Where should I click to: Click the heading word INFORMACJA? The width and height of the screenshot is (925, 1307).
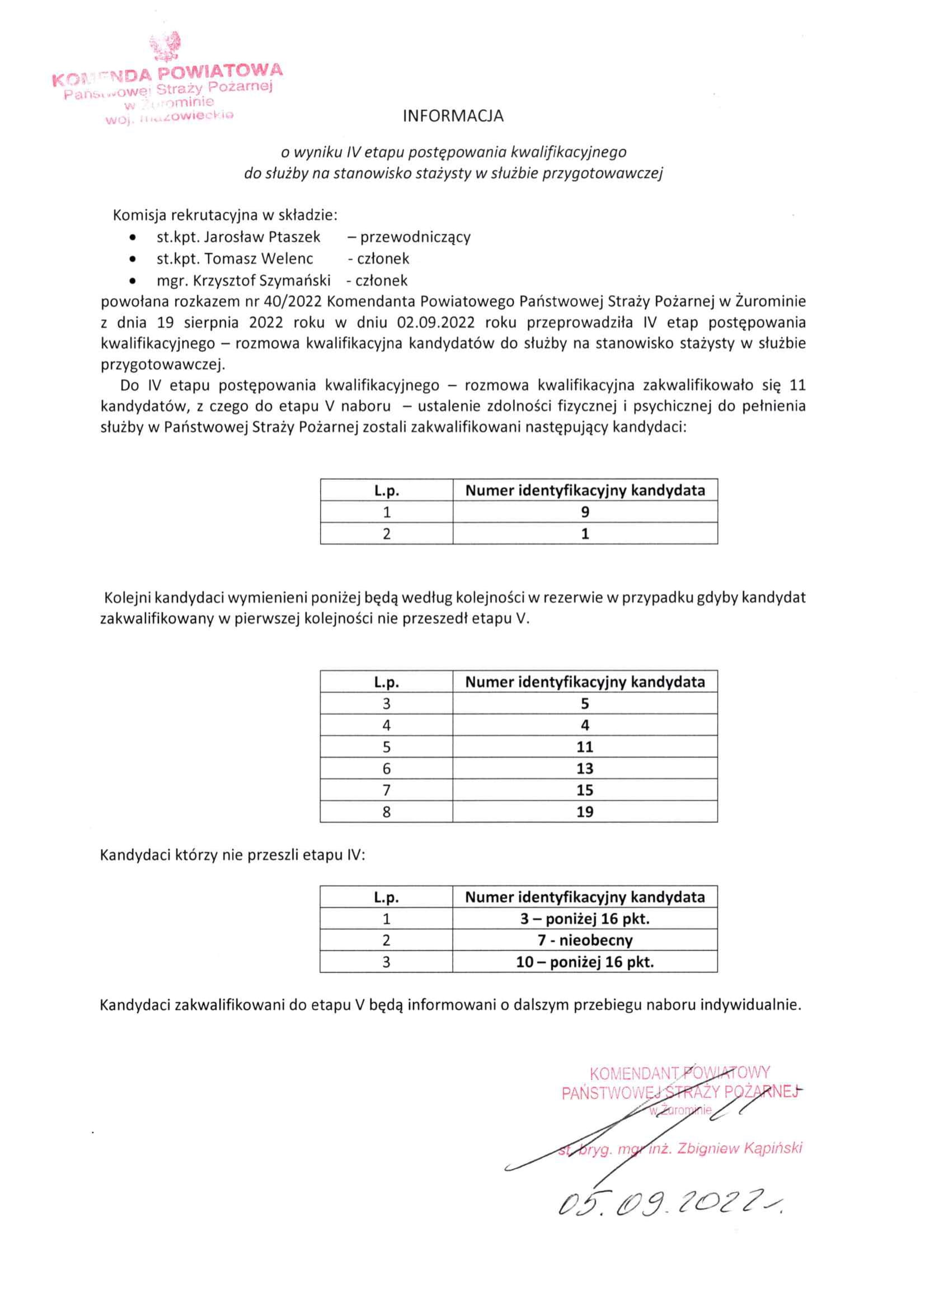click(x=453, y=116)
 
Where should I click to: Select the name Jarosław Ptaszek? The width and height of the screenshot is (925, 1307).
click(x=262, y=237)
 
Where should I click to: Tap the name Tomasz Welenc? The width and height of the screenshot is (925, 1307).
click(x=259, y=258)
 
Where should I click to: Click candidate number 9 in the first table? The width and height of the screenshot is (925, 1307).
click(x=585, y=512)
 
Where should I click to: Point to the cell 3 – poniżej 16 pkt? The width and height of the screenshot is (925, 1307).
click(x=585, y=918)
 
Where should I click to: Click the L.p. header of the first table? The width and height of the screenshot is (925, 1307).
click(x=387, y=490)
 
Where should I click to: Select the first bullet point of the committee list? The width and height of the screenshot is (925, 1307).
click(x=133, y=237)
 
